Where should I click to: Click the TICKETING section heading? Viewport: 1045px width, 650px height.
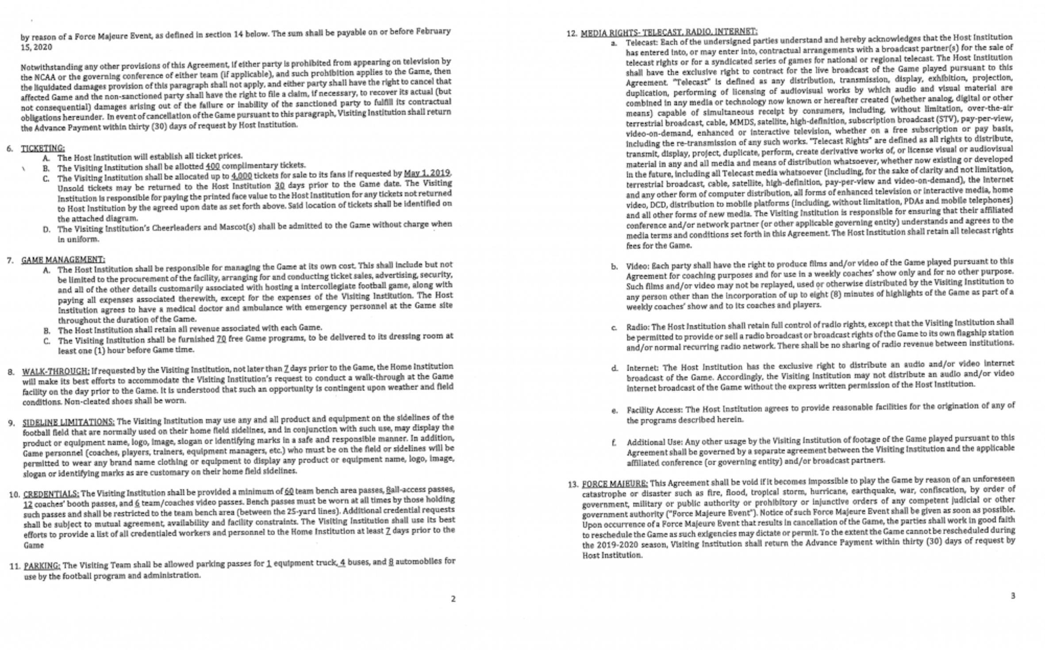tap(43, 148)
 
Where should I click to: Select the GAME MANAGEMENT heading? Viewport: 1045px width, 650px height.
tap(63, 260)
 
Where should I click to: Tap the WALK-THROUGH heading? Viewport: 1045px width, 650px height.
tap(56, 371)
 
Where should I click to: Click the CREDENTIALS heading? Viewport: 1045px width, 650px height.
tap(51, 494)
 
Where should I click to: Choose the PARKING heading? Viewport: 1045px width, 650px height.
tap(42, 566)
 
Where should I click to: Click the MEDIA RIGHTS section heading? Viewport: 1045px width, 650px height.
tap(668, 32)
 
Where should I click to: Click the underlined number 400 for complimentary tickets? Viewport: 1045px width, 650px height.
tap(212, 166)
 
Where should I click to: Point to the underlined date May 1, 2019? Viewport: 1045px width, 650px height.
tap(427, 173)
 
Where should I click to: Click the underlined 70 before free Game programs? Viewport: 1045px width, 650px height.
tap(221, 339)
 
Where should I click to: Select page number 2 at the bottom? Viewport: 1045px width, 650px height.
tap(453, 599)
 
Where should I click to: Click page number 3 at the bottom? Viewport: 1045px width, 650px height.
tap(1013, 596)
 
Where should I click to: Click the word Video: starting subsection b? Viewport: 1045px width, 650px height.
tap(637, 266)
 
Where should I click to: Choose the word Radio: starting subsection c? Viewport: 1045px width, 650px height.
tap(637, 327)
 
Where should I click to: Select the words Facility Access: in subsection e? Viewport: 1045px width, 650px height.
tap(654, 410)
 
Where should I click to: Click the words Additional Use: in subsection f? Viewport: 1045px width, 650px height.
tap(654, 442)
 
